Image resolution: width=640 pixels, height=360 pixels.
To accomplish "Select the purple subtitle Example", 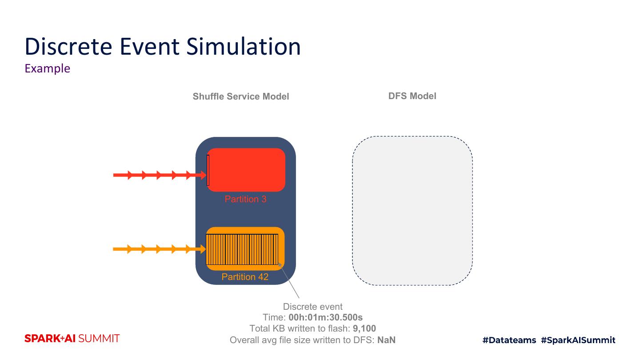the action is pyautogui.click(x=48, y=68).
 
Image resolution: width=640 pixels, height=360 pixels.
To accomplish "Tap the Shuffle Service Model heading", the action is pyautogui.click(x=241, y=96).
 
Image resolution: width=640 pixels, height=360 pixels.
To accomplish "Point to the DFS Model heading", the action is pyautogui.click(x=412, y=96).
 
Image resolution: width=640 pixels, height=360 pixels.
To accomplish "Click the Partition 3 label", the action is pyautogui.click(x=245, y=199).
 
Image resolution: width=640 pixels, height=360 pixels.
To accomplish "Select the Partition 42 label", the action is pyautogui.click(x=245, y=277).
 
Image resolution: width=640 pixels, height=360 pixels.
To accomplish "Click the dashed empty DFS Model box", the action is pyautogui.click(x=412, y=210).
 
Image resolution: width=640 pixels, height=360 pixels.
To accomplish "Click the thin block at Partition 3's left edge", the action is pyautogui.click(x=208, y=170).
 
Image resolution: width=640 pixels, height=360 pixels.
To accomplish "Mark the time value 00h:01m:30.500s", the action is pyautogui.click(x=325, y=318).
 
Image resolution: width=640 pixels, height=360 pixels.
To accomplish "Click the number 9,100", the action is pyautogui.click(x=364, y=329).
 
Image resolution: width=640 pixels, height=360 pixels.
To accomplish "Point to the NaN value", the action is pyautogui.click(x=386, y=340).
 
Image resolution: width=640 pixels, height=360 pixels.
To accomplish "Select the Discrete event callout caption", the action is pyautogui.click(x=313, y=307).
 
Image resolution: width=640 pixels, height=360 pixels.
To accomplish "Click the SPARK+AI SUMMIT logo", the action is pyautogui.click(x=72, y=339).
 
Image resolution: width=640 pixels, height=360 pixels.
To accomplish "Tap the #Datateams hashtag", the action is pyautogui.click(x=509, y=340).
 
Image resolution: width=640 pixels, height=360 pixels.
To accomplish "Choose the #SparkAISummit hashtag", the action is pyautogui.click(x=578, y=340).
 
